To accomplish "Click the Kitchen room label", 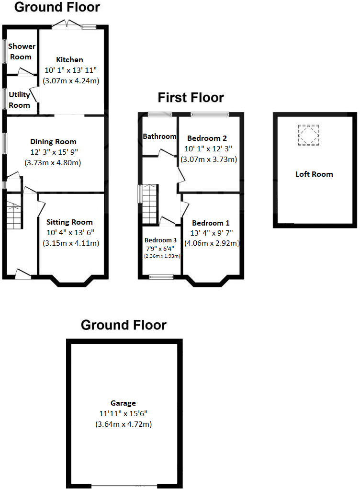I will [x=70, y=60].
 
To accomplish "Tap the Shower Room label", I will [x=22, y=52].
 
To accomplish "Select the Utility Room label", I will [x=19, y=100].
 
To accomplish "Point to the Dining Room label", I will [x=53, y=142].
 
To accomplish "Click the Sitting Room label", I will [x=69, y=222].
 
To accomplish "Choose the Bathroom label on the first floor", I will [x=159, y=136].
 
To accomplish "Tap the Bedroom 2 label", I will [x=207, y=138].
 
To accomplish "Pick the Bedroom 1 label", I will [x=211, y=223].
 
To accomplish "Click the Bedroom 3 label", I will [x=160, y=240].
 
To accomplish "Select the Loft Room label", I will [x=314, y=174].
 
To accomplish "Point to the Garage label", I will [x=124, y=403].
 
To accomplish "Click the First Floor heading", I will [x=191, y=98].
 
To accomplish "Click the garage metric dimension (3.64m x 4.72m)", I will [x=124, y=424].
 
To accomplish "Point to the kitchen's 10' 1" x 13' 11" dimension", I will [x=71, y=70].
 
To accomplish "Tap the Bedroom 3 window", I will [x=160, y=276].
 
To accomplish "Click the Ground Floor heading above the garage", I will [x=124, y=325].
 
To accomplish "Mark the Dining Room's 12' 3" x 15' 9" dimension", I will [x=53, y=152].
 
